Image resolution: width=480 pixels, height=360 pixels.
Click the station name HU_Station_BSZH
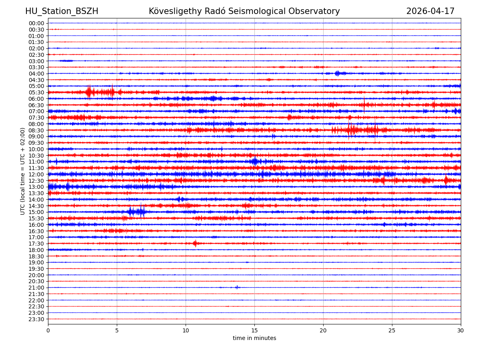pos(62,11)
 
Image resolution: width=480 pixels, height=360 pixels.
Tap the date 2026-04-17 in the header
pos(430,11)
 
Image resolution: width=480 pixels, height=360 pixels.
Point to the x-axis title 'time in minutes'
pos(254,338)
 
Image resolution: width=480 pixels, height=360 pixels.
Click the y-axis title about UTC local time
pos(23,171)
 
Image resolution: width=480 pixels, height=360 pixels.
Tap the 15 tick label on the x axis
pos(254,331)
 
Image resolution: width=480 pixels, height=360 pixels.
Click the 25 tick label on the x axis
pos(392,331)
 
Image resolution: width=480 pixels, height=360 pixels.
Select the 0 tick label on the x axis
pos(48,331)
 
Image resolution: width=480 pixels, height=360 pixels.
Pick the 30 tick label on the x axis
pos(461,331)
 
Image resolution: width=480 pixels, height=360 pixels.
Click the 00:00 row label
pos(36,23)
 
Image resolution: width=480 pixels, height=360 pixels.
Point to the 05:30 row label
pos(36,92)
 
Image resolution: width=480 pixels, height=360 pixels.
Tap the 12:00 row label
pos(36,174)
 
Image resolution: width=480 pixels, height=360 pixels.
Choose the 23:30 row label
pos(36,319)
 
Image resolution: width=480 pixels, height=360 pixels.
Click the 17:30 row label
pos(36,244)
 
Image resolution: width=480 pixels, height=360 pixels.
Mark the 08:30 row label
pos(36,130)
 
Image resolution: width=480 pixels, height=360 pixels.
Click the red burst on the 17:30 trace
pos(195,243)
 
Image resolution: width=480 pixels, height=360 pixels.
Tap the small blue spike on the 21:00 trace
pos(237,287)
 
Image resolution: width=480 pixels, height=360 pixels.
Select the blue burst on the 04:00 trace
pos(338,73)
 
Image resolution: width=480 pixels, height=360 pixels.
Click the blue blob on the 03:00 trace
pos(66,61)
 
